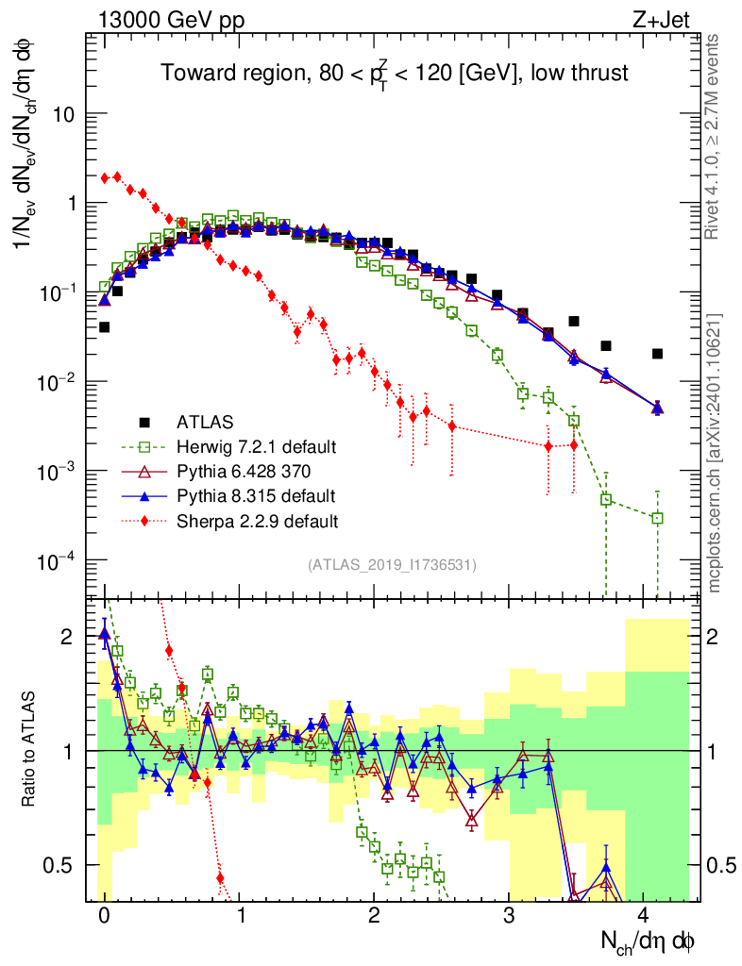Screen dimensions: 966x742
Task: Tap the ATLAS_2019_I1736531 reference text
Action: (392, 565)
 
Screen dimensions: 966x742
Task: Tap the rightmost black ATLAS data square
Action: (657, 354)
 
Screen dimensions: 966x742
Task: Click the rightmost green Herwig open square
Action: (657, 518)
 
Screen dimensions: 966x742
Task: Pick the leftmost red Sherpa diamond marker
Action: (105, 178)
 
